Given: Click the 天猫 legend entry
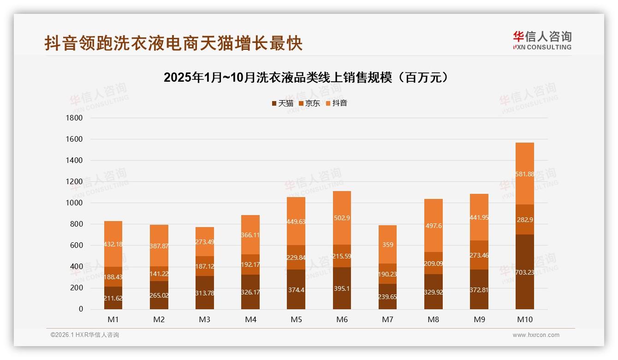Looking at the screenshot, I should coord(282,103).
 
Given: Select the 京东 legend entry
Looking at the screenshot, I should coord(309,103).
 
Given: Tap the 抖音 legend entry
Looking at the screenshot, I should coord(337,103).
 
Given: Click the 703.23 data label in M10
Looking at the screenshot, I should coord(525,272).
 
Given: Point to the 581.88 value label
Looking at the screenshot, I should coord(525,174).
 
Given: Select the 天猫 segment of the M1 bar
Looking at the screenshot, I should coord(113,298).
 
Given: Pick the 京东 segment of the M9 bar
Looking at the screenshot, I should coord(479,255).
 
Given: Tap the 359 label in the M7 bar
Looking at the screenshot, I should coord(387,245).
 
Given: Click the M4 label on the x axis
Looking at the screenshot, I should coord(250,319).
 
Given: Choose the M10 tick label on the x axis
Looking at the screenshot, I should coord(525,319).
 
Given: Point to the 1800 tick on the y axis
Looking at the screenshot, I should coord(74,118).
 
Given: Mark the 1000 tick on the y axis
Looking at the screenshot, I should coord(74,203).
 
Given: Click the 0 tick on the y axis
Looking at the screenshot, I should coord(80,309).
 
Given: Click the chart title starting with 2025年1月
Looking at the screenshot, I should coord(306,78).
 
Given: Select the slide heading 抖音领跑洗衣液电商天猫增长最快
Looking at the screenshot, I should coord(173,43).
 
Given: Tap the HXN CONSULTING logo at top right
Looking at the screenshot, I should coord(542,41).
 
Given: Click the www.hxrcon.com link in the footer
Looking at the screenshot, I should coord(536,335).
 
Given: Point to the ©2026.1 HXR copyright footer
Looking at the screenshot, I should coord(85,335).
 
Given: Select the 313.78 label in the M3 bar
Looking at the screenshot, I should coord(205,293).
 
